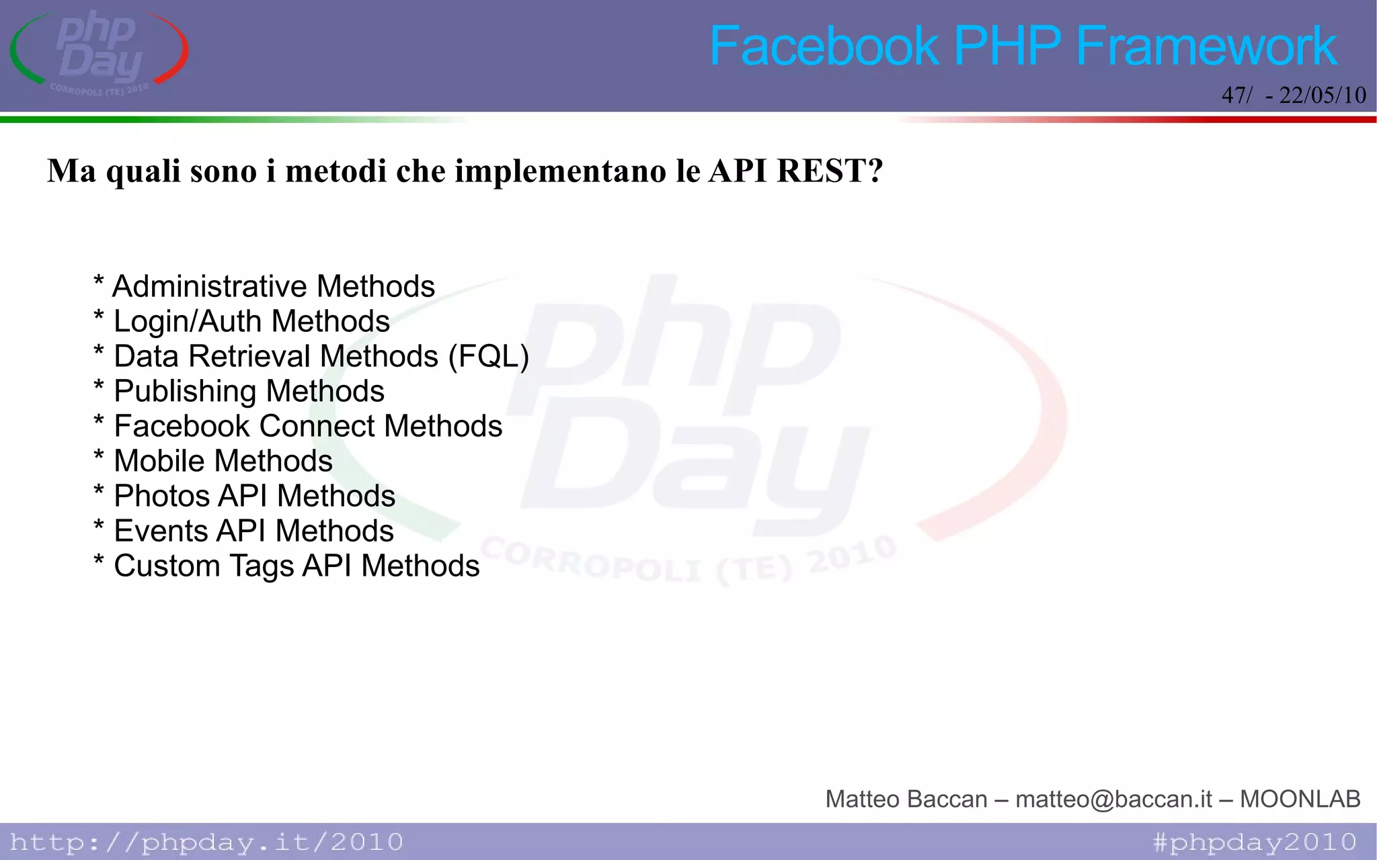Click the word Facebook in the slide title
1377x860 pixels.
click(x=824, y=46)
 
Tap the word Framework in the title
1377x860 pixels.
click(x=1206, y=46)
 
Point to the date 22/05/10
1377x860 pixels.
click(x=1322, y=95)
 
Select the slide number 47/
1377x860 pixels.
click(x=1236, y=95)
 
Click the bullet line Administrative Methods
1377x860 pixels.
click(x=273, y=286)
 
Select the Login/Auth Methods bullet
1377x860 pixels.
click(x=251, y=321)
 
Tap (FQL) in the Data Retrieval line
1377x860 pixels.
click(x=489, y=356)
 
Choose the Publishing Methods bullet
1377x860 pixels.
click(x=248, y=391)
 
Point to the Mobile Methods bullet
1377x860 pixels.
click(x=223, y=461)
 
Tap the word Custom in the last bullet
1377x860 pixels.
click(x=167, y=566)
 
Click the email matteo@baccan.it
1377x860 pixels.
click(x=1113, y=799)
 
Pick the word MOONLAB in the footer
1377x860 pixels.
click(x=1300, y=799)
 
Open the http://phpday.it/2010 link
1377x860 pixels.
click(x=206, y=842)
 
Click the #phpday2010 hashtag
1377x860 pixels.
click(x=1255, y=842)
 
